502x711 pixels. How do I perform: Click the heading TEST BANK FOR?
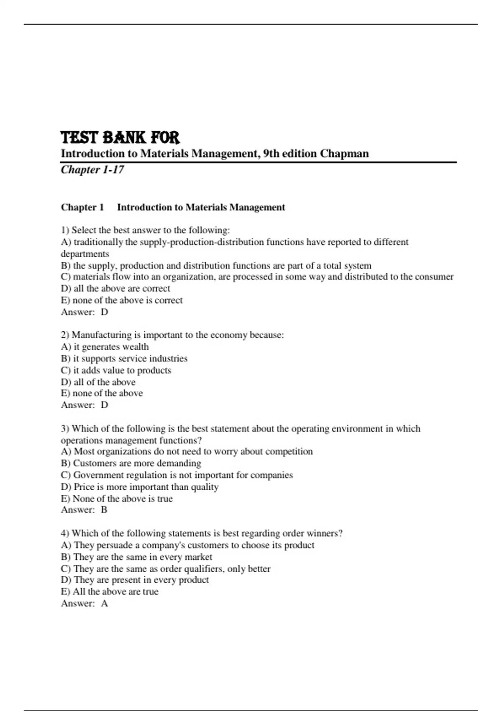[120, 138]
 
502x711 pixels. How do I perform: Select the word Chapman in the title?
[344, 153]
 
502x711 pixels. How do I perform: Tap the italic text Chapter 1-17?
[92, 169]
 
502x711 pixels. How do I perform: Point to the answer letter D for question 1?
[105, 312]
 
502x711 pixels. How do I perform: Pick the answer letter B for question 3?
[104, 510]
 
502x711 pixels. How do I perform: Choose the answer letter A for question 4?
[104, 604]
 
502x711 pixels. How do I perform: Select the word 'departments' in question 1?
[85, 254]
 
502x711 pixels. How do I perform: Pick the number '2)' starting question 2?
[65, 335]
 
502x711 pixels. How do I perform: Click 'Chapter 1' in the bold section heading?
[82, 207]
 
